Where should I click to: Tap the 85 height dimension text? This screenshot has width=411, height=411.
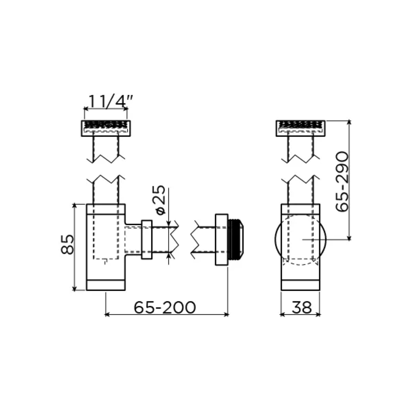pos(67,244)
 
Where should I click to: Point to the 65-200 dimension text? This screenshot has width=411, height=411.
pos(165,307)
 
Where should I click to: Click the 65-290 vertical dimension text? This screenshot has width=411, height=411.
pos(342,182)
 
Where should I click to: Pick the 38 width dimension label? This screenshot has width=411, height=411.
pos(302,307)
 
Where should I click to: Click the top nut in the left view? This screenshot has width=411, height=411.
pos(106,128)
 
